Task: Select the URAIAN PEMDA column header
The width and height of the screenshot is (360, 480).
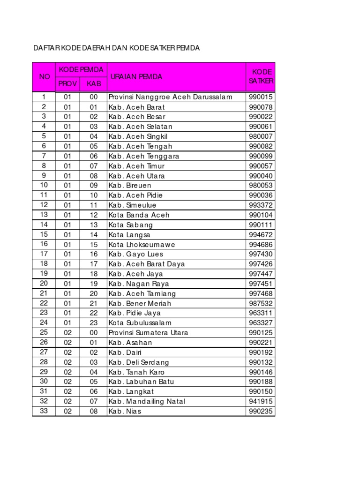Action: [x=135, y=77]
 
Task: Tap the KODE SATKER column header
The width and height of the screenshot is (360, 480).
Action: [x=261, y=77]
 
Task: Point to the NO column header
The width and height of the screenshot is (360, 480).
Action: [x=44, y=77]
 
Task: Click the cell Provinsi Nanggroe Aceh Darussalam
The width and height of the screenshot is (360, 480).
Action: [x=170, y=97]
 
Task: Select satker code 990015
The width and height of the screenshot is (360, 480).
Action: [x=261, y=97]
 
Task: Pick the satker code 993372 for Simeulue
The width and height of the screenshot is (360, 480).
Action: [x=261, y=205]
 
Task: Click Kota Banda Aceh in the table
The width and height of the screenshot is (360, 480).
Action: [x=139, y=215]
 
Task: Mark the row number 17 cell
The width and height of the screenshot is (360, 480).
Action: [x=44, y=254]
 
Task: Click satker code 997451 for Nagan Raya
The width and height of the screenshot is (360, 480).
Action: [x=261, y=284]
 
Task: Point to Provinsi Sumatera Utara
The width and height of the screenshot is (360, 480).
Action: [x=148, y=333]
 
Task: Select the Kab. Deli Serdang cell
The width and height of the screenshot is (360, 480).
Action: [x=139, y=362]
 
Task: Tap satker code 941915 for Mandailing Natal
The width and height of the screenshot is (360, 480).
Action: [x=261, y=401]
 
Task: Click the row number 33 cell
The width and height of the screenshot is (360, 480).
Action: [x=44, y=411]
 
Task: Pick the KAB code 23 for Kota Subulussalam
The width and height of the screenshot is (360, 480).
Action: [x=94, y=323]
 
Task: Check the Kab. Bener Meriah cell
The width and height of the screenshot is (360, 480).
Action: [x=140, y=303]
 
